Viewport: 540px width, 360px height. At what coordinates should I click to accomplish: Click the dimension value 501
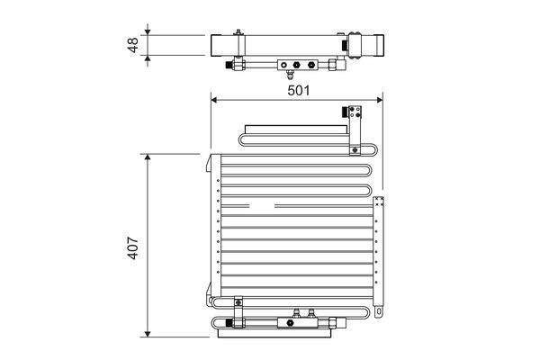[299, 91]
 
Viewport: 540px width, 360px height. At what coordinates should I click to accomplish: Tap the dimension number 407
[132, 247]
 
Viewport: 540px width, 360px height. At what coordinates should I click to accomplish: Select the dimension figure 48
[132, 45]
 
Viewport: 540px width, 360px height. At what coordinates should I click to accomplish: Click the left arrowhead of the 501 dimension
[214, 100]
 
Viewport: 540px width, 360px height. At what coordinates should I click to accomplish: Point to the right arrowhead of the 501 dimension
[380, 100]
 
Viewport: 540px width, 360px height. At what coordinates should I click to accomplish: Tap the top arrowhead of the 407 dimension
[148, 157]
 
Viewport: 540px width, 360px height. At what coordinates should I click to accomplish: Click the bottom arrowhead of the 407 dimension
[148, 334]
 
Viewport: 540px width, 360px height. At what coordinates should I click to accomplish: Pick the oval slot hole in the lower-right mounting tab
[379, 311]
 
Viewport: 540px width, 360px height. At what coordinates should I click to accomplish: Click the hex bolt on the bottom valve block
[290, 323]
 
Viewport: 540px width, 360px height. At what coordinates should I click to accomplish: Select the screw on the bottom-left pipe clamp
[238, 302]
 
